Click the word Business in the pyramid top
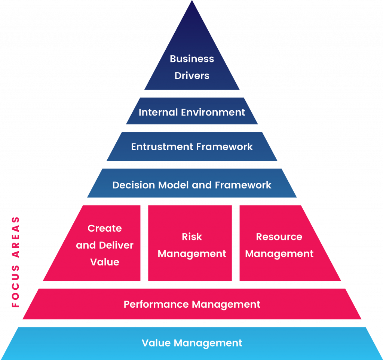click(x=192, y=59)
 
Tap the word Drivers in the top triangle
click(x=192, y=76)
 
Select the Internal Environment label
click(x=192, y=112)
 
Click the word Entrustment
click(x=162, y=147)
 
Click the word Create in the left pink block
click(x=105, y=228)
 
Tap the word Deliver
click(x=116, y=246)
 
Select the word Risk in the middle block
click(x=192, y=237)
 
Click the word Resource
click(x=279, y=237)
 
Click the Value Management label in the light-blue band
click(x=192, y=343)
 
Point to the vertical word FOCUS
click(x=15, y=288)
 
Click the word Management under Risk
click(x=192, y=254)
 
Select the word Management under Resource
click(x=279, y=254)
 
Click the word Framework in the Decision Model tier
click(x=243, y=185)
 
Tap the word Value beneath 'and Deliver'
click(x=105, y=262)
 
